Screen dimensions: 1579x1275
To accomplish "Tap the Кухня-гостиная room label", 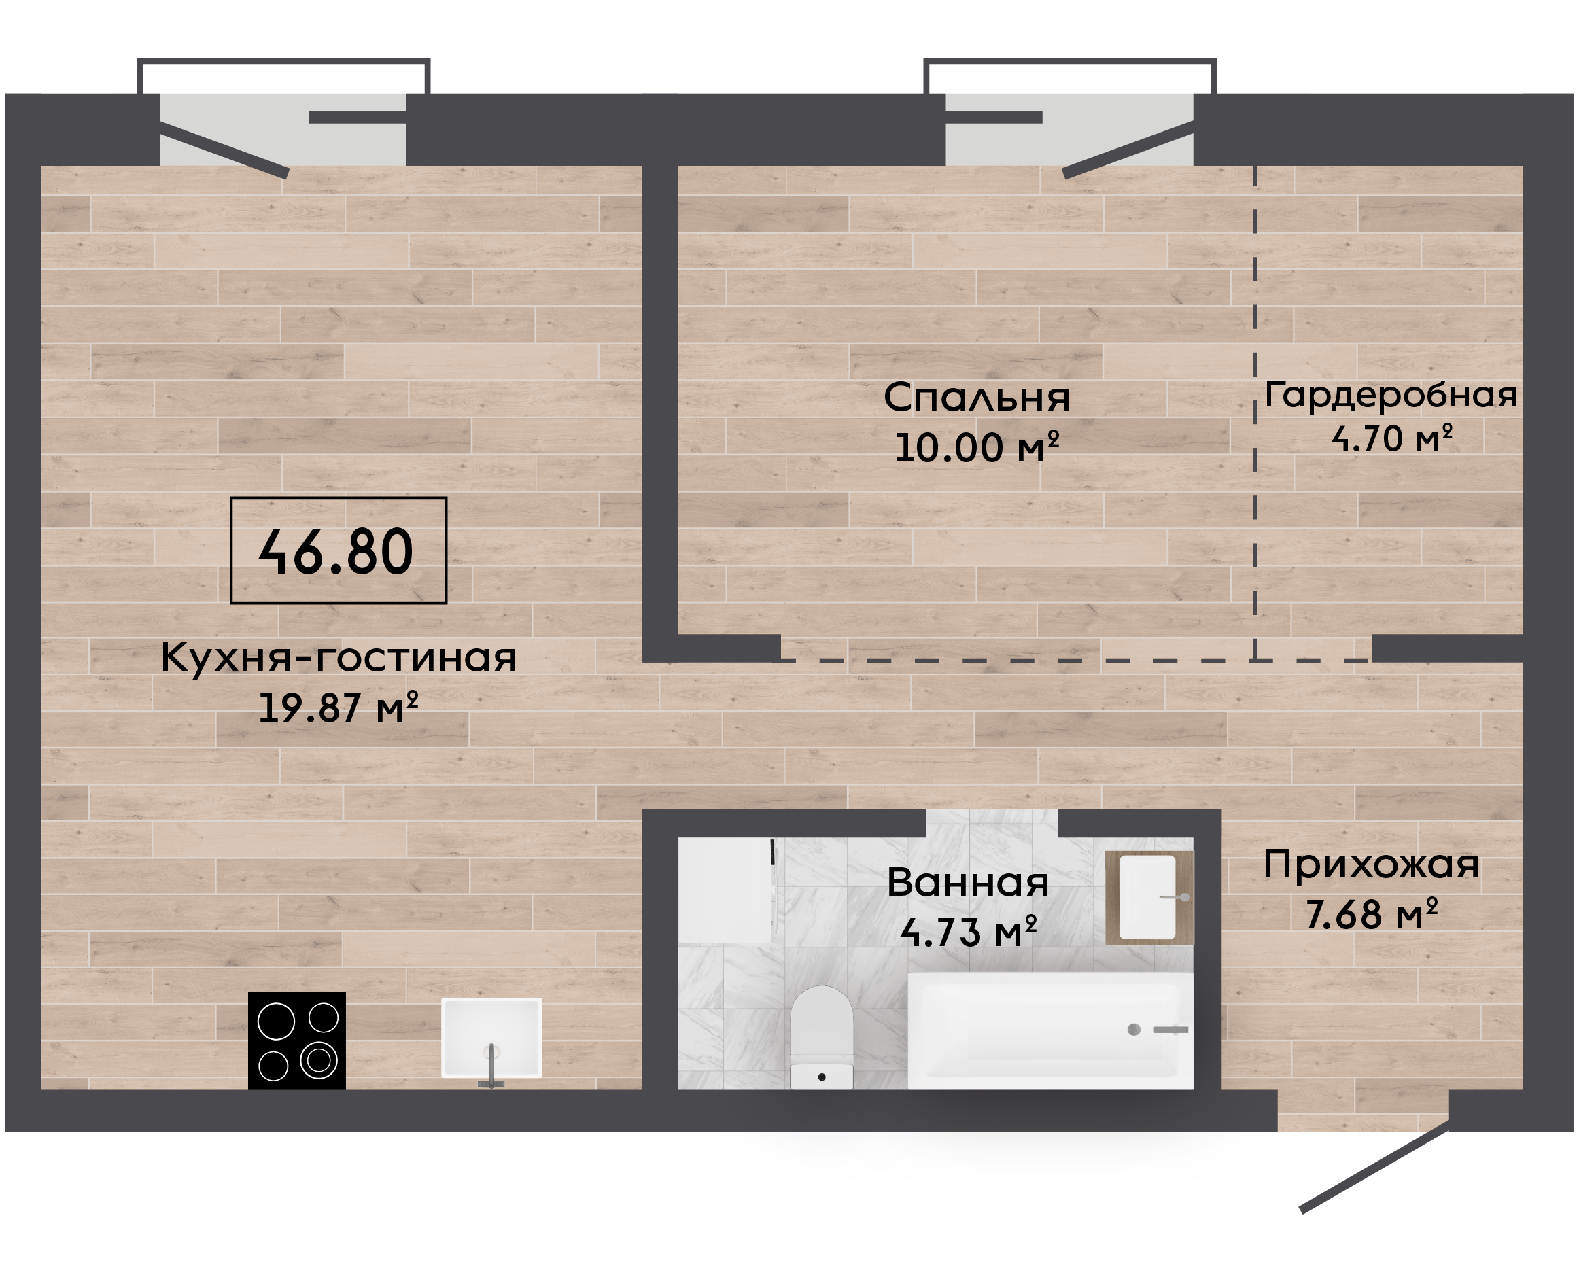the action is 339,657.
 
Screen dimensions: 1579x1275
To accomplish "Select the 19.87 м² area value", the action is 339,708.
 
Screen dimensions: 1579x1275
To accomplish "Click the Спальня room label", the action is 977,397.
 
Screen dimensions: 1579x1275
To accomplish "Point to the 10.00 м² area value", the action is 977,446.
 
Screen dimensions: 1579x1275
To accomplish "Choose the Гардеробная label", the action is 1391,396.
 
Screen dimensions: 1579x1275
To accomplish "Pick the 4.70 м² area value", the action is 1391,438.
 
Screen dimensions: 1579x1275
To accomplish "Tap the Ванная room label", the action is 968,882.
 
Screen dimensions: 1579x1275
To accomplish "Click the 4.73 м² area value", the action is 968,931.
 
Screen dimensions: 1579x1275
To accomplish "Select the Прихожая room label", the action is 1371,864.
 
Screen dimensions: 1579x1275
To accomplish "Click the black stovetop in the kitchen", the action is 297,1040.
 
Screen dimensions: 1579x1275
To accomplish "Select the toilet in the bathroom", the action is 822,1038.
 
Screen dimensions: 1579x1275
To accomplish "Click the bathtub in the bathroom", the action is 1050,1030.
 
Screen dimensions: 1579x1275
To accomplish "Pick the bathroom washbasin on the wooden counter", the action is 1148,896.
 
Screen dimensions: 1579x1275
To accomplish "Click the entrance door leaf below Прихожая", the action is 1375,1166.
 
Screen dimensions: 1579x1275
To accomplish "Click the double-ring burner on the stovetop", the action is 319,1060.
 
